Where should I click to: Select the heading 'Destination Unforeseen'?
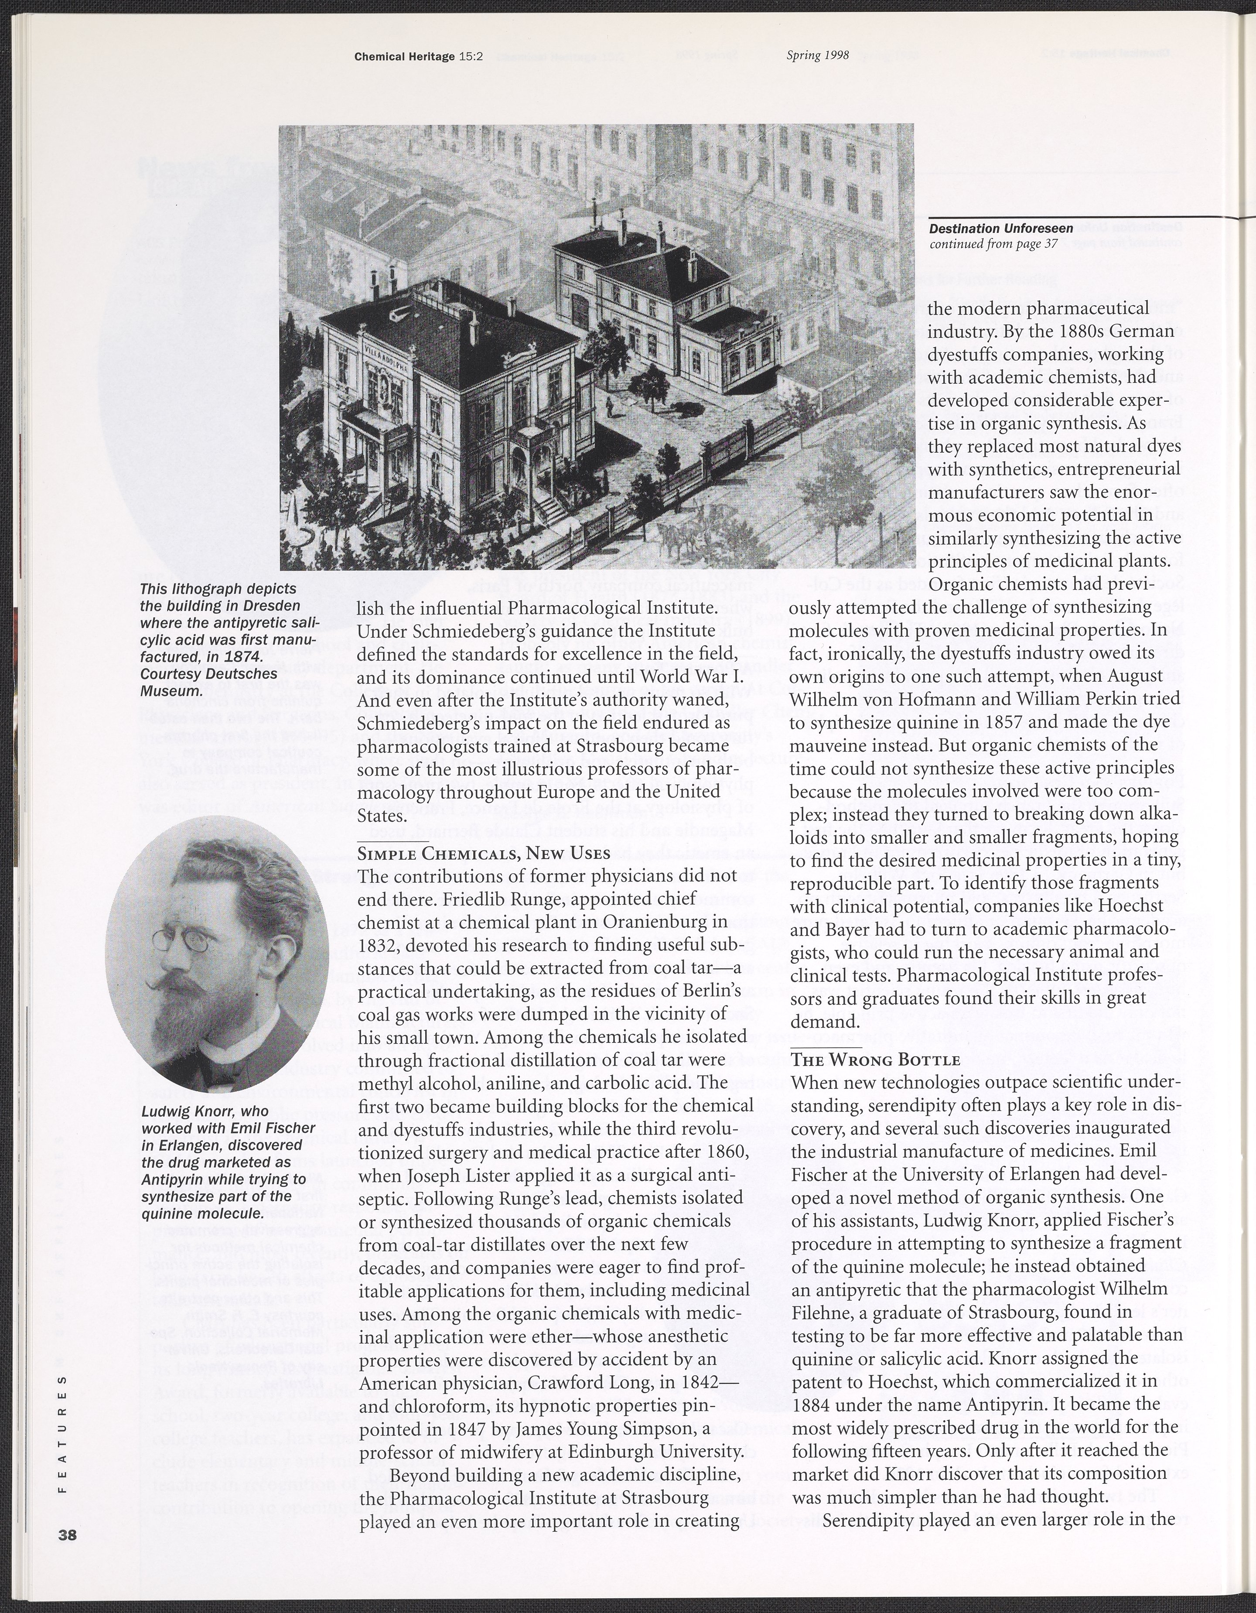(x=990, y=230)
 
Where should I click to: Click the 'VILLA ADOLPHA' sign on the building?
(x=387, y=347)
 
